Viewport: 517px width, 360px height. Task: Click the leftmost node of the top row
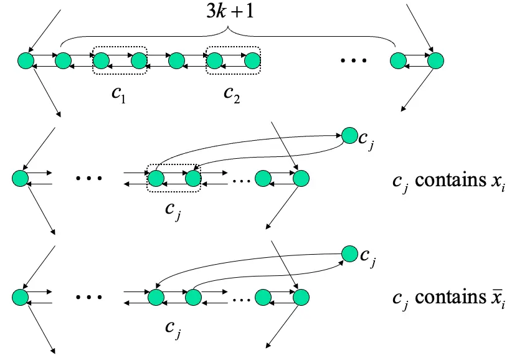[x=26, y=60]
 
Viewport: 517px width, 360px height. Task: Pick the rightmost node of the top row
[x=434, y=60]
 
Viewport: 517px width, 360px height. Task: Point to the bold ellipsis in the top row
[x=353, y=61]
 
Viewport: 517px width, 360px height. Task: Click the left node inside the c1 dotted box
[x=101, y=60]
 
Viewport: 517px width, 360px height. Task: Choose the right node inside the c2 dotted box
[x=252, y=60]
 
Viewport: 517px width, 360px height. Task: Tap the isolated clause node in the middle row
[x=349, y=135]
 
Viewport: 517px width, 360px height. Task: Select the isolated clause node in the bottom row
[x=349, y=253]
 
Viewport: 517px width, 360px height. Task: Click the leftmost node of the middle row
[x=21, y=179]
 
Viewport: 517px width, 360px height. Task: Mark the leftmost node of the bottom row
[x=21, y=297]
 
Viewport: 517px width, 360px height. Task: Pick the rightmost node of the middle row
[x=301, y=179]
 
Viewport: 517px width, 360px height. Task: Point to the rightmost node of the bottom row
[x=301, y=297]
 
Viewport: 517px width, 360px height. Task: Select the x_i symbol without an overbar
[x=495, y=182]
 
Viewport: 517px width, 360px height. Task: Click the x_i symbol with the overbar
[x=495, y=299]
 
